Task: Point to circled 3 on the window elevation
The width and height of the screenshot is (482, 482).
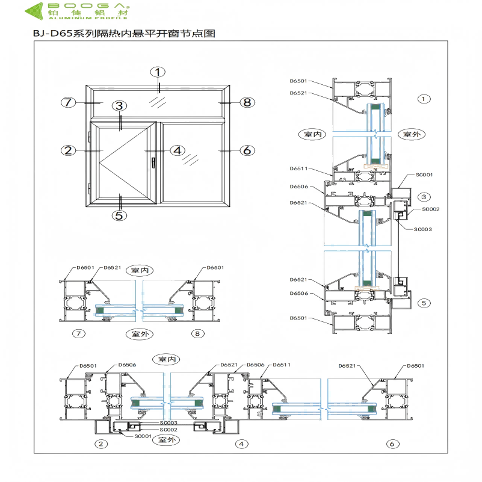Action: pyautogui.click(x=120, y=106)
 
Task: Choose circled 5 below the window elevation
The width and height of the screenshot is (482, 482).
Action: pyautogui.click(x=119, y=214)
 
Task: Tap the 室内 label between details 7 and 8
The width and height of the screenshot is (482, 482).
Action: pyautogui.click(x=139, y=271)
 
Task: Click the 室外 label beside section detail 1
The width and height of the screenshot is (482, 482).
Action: pyautogui.click(x=411, y=134)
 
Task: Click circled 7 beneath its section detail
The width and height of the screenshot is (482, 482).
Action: pyautogui.click(x=76, y=333)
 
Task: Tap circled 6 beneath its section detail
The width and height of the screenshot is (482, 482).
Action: pyautogui.click(x=393, y=444)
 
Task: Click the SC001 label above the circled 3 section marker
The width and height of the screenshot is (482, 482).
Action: pyautogui.click(x=425, y=175)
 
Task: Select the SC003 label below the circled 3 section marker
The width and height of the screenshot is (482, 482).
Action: pyautogui.click(x=422, y=229)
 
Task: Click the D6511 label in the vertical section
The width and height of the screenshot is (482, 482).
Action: pyautogui.click(x=298, y=169)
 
